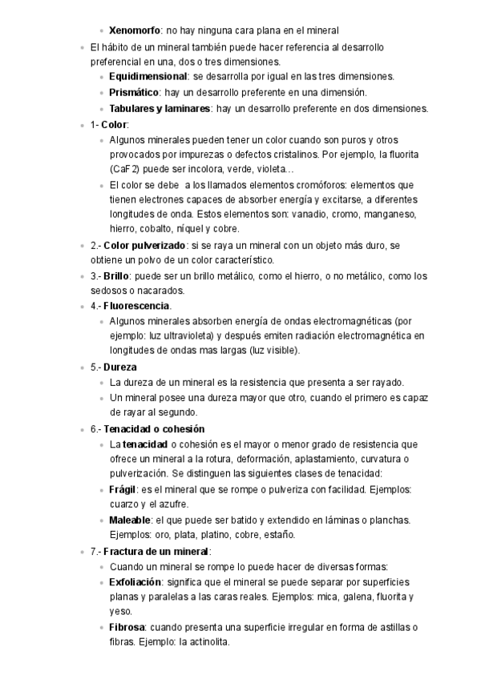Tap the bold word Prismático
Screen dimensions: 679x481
pyautogui.click(x=134, y=93)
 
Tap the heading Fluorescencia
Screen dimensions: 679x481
pyautogui.click(x=136, y=306)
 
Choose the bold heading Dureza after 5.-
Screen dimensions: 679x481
pyautogui.click(x=119, y=367)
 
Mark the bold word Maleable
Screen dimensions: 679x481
pyautogui.click(x=131, y=520)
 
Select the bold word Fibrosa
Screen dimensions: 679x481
pyautogui.click(x=127, y=627)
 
